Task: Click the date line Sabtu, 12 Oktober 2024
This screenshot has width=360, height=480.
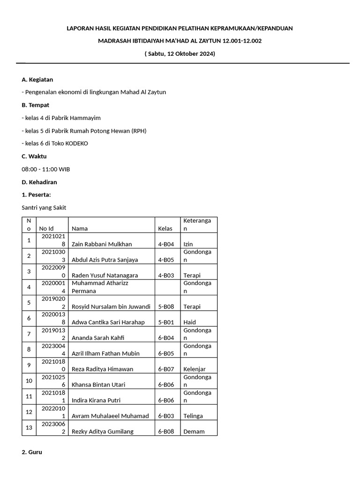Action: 180,53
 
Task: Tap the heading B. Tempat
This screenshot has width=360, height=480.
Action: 36,105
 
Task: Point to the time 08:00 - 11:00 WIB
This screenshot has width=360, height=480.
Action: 46,169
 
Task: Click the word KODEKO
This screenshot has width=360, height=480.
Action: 77,143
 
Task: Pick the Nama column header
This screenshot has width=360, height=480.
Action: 80,228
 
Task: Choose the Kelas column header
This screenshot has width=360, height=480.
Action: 165,228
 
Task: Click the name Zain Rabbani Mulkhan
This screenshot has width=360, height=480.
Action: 102,244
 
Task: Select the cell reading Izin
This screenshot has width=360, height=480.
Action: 188,244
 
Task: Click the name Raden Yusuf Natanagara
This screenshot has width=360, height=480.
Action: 105,275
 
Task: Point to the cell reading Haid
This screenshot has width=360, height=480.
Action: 189,322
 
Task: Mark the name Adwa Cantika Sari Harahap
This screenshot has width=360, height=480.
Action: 108,322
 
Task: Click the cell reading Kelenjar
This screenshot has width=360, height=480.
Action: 195,369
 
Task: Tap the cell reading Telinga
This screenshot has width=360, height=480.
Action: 193,416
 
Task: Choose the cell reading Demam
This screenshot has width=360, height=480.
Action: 194,431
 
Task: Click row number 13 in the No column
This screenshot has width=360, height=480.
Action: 29,427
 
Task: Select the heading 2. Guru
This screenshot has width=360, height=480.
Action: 32,452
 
